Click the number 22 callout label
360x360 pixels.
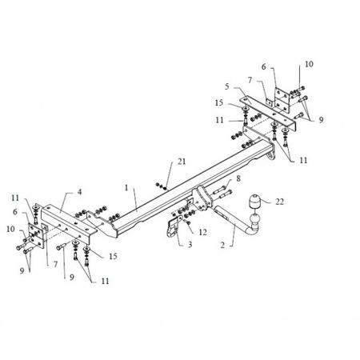click(x=279, y=202)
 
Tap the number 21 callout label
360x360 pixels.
click(x=182, y=162)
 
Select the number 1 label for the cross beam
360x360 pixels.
click(x=126, y=188)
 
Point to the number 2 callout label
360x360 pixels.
click(x=222, y=245)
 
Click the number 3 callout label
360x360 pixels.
click(x=190, y=244)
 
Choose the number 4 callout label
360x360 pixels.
click(x=79, y=192)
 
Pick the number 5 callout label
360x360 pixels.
click(x=226, y=86)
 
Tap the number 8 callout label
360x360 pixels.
click(x=238, y=178)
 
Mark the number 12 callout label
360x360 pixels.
click(x=202, y=232)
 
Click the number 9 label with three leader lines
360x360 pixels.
click(x=321, y=120)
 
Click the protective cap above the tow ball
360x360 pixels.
click(x=254, y=202)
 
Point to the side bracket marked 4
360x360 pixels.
click(x=68, y=222)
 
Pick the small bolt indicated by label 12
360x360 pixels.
click(x=188, y=222)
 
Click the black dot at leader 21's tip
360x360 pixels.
click(x=166, y=188)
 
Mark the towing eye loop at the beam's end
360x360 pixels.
click(x=271, y=156)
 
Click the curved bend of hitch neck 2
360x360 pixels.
click(x=250, y=231)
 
